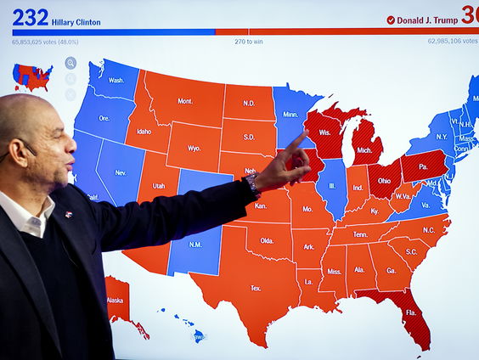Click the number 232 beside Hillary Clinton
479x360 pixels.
pyautogui.click(x=31, y=18)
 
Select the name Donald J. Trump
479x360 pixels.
pyautogui.click(x=428, y=20)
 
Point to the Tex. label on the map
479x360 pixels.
pyautogui.click(x=254, y=289)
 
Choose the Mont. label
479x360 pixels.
pyautogui.click(x=184, y=101)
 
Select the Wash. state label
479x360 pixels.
pyautogui.click(x=116, y=81)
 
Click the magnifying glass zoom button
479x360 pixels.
pyautogui.click(x=70, y=63)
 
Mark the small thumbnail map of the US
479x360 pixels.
pyautogui.click(x=32, y=77)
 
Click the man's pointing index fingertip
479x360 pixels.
pyautogui.click(x=306, y=134)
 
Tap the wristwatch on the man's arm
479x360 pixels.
pyautogui.click(x=252, y=186)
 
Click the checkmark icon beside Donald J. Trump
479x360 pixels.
pyautogui.click(x=391, y=20)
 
